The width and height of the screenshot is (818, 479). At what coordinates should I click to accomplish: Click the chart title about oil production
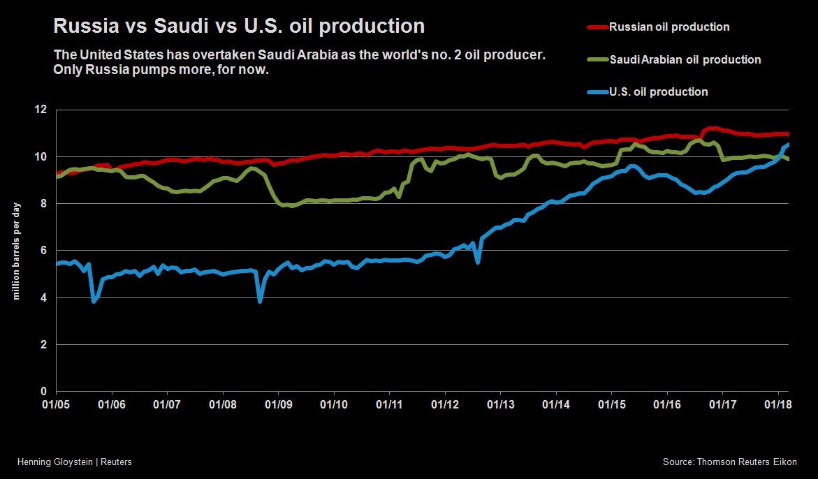(x=238, y=27)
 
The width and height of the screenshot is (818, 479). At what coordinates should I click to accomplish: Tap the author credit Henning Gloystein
(x=74, y=462)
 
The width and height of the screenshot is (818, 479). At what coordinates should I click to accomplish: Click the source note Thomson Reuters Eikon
(x=729, y=462)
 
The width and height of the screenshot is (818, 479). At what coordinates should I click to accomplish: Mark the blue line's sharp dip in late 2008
(x=260, y=300)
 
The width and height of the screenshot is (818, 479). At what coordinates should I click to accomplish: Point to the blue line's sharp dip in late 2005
(x=94, y=300)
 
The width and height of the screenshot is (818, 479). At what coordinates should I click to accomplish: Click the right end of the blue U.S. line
(x=788, y=145)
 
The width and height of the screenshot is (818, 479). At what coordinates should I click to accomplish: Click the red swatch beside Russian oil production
(x=597, y=27)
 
